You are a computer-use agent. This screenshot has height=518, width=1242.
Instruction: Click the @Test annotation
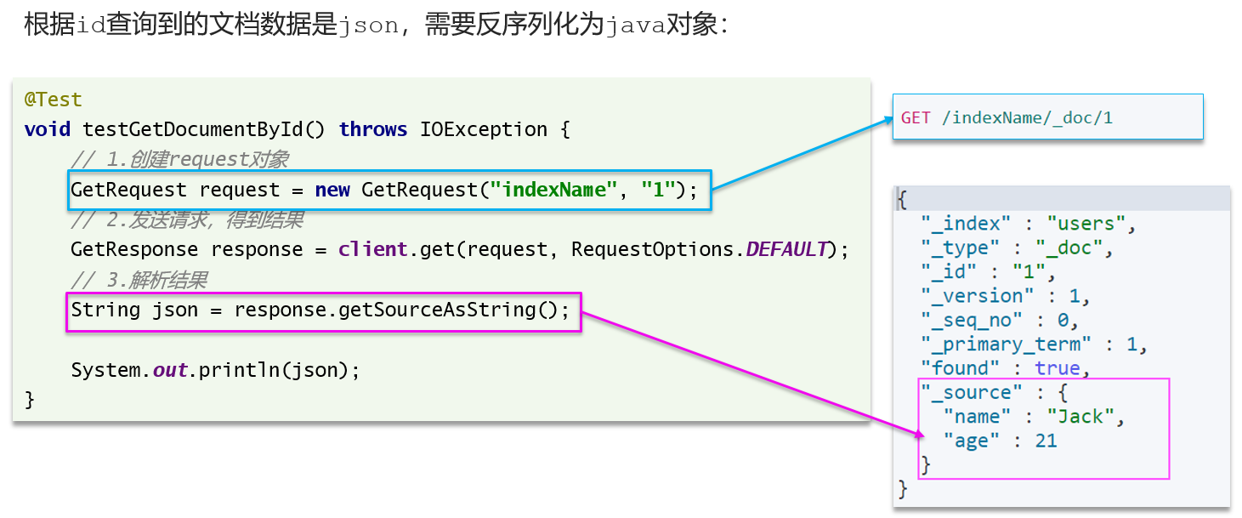point(54,100)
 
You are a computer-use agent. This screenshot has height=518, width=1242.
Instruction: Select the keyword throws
point(373,130)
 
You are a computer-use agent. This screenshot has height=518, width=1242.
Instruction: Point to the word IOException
point(484,130)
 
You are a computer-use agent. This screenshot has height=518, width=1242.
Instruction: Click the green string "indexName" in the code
point(553,191)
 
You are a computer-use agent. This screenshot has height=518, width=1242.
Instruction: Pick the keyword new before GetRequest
point(332,191)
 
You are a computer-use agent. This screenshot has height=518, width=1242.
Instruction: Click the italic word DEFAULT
point(787,249)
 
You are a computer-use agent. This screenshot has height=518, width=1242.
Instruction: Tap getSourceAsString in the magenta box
point(437,310)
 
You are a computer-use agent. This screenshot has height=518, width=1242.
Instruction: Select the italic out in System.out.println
point(170,370)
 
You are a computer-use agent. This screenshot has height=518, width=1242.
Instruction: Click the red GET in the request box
point(916,118)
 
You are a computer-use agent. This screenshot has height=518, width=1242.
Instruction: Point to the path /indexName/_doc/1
point(1027,118)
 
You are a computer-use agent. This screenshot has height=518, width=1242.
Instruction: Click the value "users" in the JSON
point(1086,224)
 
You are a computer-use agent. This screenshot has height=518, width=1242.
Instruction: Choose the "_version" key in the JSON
point(977,296)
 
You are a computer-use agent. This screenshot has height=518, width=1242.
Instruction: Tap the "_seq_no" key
point(972,321)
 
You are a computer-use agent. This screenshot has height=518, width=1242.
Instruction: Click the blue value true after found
point(1058,369)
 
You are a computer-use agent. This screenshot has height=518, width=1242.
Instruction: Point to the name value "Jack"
point(1080,417)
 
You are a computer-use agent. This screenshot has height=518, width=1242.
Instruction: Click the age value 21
point(1046,441)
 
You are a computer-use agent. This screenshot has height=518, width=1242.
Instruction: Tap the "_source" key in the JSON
point(972,393)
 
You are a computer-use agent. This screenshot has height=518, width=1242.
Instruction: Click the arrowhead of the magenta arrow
point(921,435)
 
